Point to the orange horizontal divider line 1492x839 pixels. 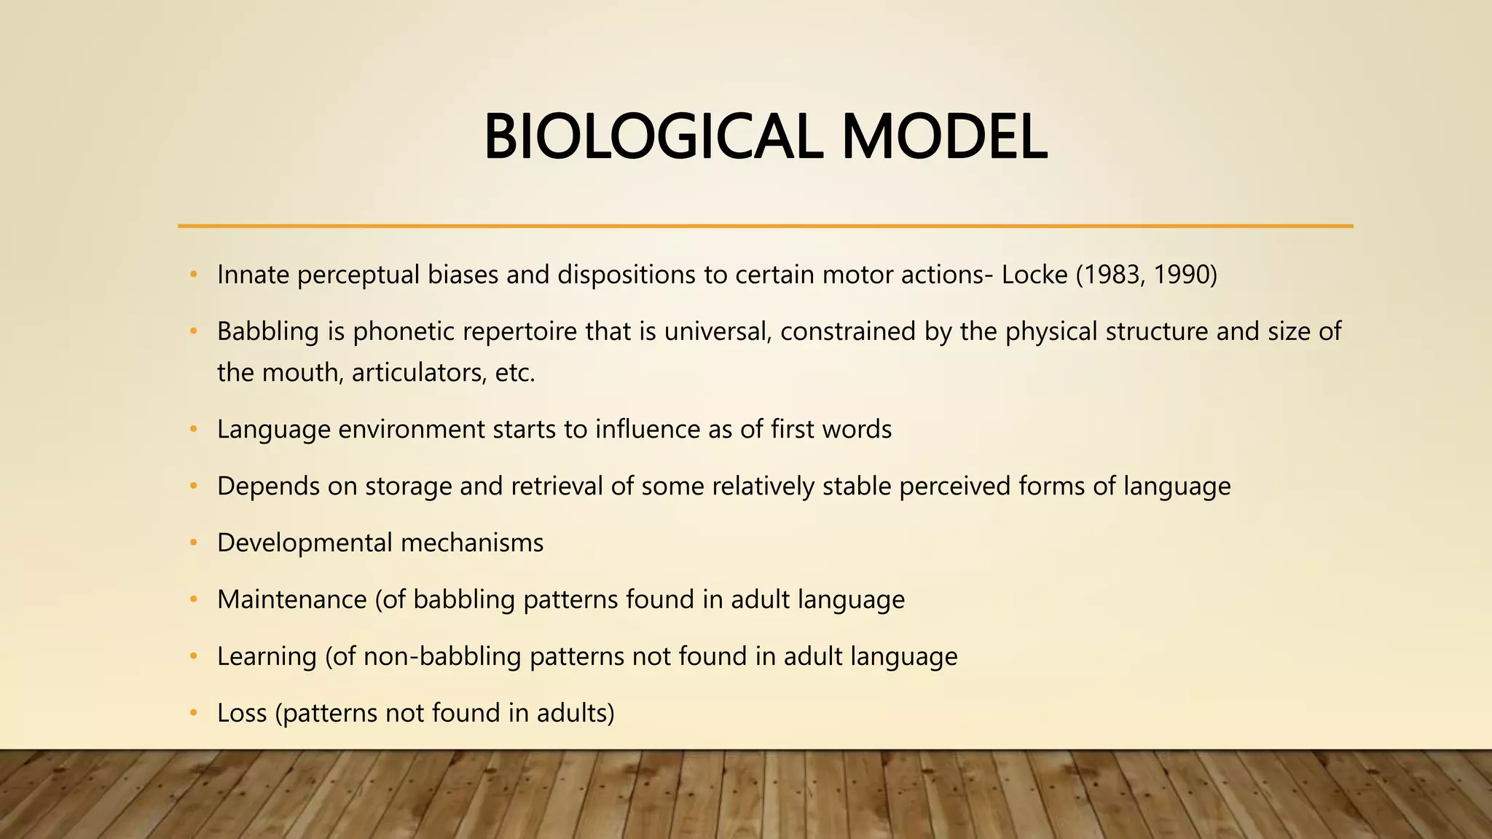pyautogui.click(x=765, y=227)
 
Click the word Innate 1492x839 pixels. pyautogui.click(x=253, y=275)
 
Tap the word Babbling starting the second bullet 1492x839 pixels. pyautogui.click(x=268, y=331)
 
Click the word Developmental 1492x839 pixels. pyautogui.click(x=305, y=543)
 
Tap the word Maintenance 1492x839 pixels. pyautogui.click(x=292, y=599)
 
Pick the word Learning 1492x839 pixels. pyautogui.click(x=267, y=656)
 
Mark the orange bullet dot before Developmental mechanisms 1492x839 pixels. pyautogui.click(x=193, y=543)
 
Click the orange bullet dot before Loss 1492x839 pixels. pyautogui.click(x=193, y=714)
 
